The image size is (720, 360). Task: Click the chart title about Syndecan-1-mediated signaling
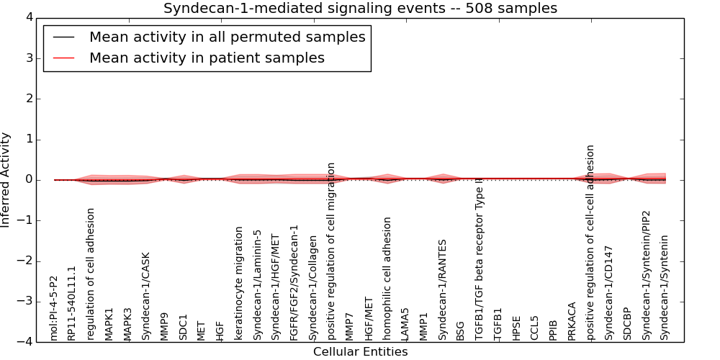(x=360, y=9)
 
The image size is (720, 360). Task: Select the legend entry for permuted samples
(x=227, y=37)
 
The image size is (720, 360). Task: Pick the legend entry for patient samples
(x=207, y=58)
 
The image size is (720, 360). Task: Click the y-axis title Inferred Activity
(x=6, y=179)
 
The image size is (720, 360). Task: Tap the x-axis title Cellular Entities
(x=360, y=352)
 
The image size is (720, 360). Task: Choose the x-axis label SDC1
(x=184, y=327)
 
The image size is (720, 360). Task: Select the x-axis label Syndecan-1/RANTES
(x=443, y=289)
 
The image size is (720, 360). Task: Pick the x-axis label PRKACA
(x=572, y=321)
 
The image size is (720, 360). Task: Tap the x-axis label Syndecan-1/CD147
(x=609, y=292)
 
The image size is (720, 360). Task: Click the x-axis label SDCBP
(x=628, y=324)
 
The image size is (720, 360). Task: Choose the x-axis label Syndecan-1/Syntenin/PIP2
(x=647, y=275)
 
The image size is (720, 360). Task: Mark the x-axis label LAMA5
(x=405, y=324)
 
